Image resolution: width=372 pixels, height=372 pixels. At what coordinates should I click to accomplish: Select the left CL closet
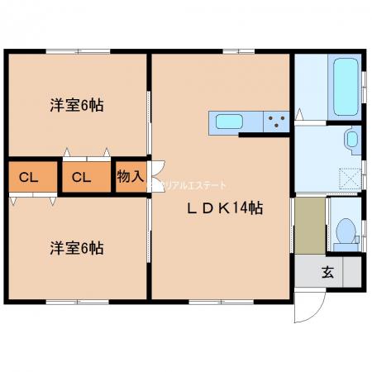pyautogui.click(x=28, y=177)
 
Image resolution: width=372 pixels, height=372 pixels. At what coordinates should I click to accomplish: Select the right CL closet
pyautogui.click(x=80, y=177)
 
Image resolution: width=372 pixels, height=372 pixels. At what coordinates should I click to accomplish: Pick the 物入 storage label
pyautogui.click(x=130, y=176)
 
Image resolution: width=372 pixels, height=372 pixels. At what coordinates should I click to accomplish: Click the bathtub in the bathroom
pyautogui.click(x=342, y=87)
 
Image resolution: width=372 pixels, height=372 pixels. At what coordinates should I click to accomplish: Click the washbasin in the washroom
pyautogui.click(x=352, y=138)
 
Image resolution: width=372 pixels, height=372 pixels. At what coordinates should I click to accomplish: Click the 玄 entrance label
pyautogui.click(x=328, y=269)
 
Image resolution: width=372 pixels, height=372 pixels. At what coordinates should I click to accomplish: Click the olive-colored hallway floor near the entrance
pyautogui.click(x=309, y=225)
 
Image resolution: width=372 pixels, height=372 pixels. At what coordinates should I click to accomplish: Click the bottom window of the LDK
pyautogui.click(x=222, y=298)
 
